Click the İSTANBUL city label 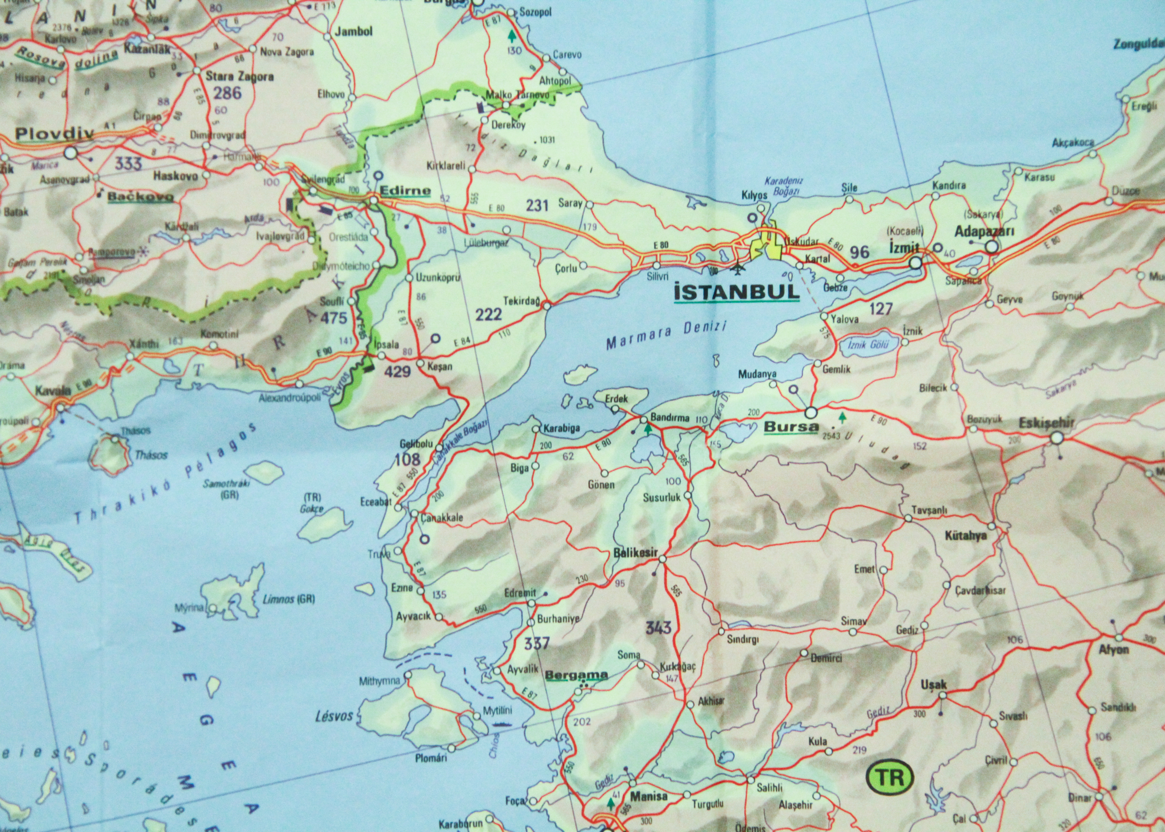737,292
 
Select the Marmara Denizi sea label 666,335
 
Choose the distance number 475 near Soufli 334,318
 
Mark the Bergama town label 576,675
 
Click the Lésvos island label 334,715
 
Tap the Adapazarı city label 984,231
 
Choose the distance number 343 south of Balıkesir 658,627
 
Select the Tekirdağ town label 522,301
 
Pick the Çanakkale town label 441,518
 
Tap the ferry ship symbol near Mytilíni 501,724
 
